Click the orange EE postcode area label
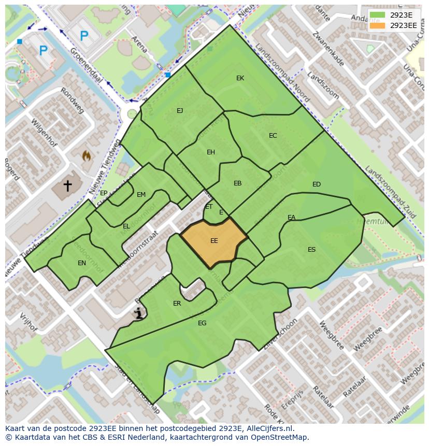[214, 241]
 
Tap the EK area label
[240, 78]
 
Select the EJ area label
[180, 111]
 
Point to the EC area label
[273, 136]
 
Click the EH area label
[210, 152]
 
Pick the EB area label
[237, 183]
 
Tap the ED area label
[316, 184]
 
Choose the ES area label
[311, 250]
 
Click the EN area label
[82, 263]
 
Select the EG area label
[202, 323]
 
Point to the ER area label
[177, 304]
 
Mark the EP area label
[104, 193]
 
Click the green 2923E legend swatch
[378, 15]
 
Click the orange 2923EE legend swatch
[378, 25]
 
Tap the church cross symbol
[67, 185]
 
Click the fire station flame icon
[86, 155]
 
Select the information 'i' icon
[138, 313]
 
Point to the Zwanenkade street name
[328, 49]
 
